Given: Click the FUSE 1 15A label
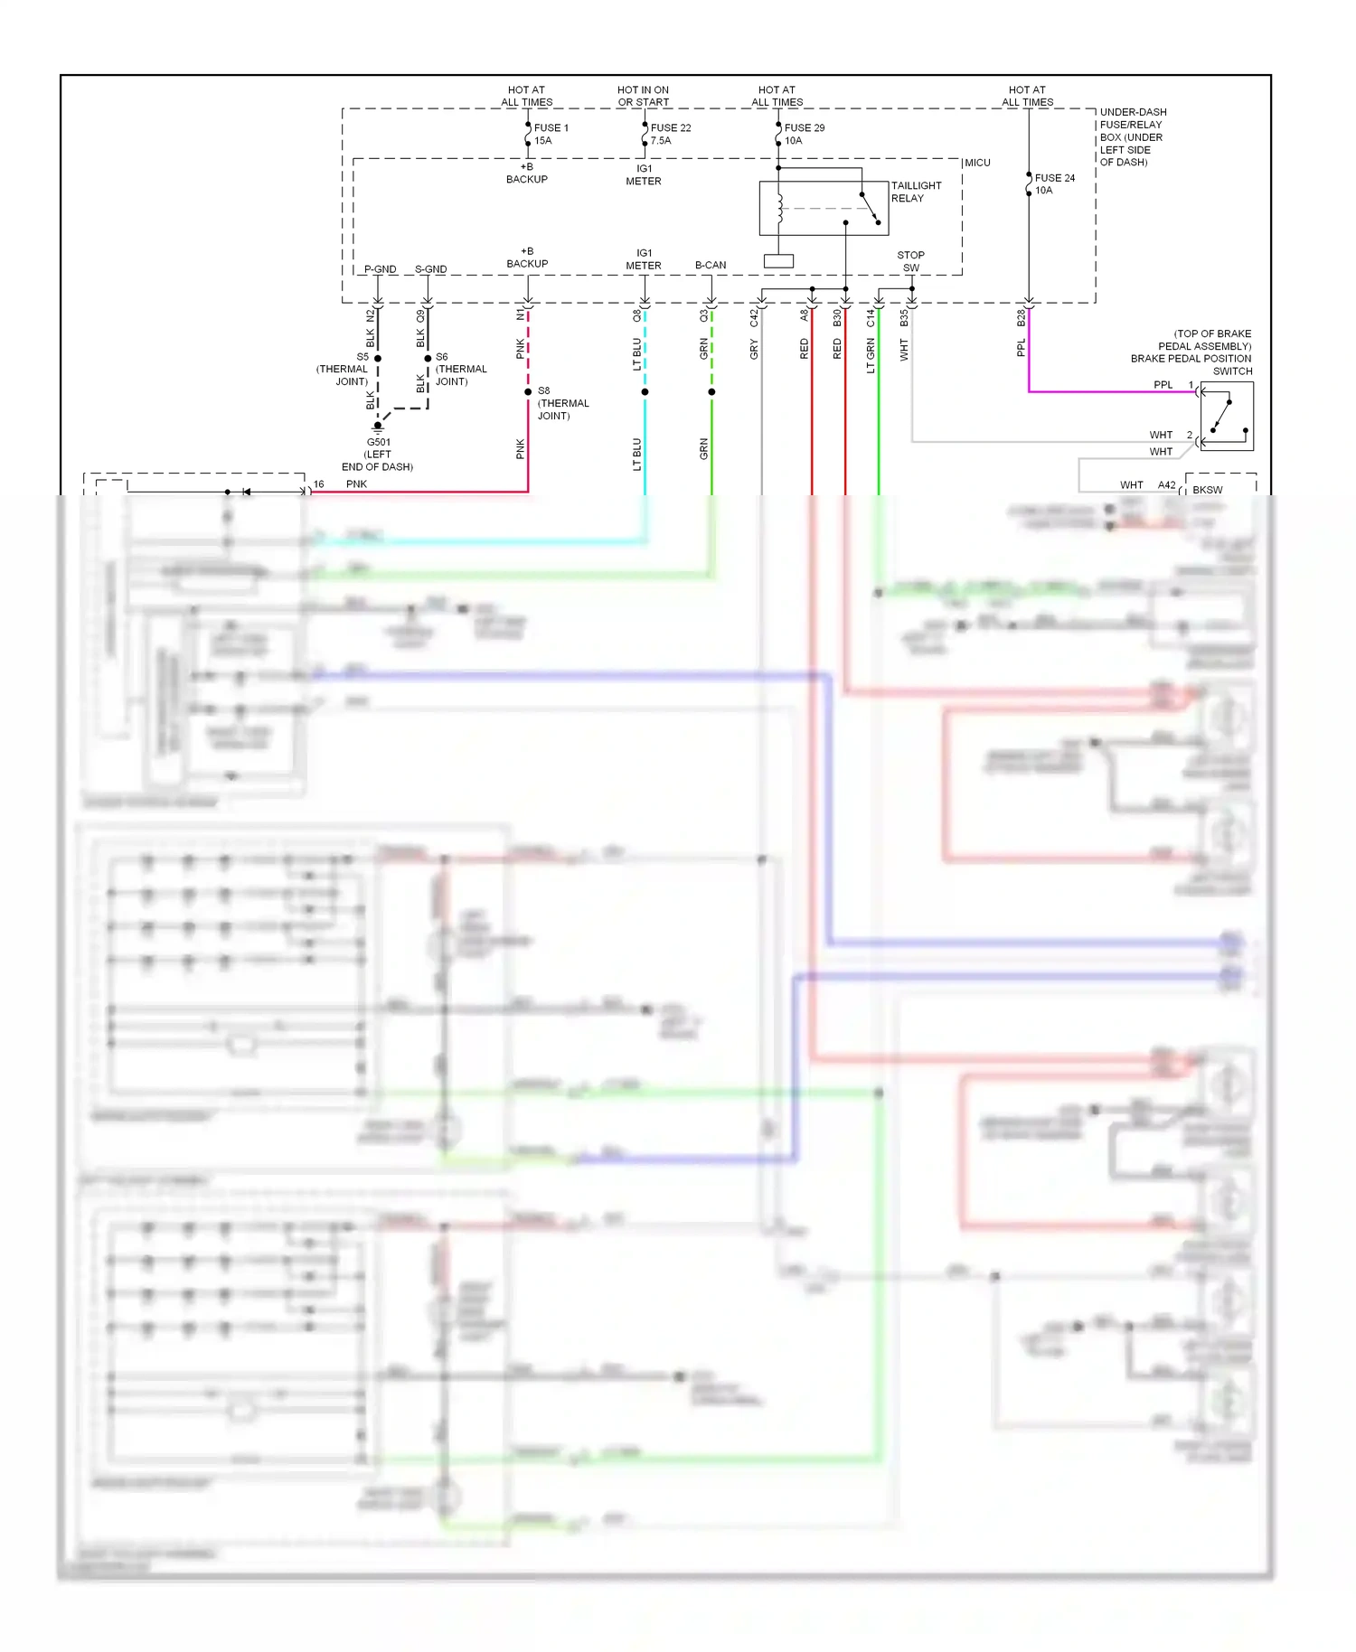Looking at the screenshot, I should tap(551, 134).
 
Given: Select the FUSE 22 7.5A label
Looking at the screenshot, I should tap(670, 134).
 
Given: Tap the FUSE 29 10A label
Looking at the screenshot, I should tap(804, 134).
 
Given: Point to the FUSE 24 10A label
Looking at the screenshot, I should tap(1054, 183).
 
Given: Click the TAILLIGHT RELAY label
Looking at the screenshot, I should tap(916, 192).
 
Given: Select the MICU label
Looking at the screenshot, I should tap(977, 163).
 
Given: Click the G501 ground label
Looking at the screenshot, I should tap(378, 443).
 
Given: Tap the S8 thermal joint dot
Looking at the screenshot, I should tap(528, 391).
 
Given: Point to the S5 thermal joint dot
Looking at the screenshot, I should tap(378, 358).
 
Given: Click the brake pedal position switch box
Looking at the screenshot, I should tap(1227, 416).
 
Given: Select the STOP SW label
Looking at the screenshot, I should tap(910, 261).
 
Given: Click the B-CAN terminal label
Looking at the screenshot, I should tap(711, 265).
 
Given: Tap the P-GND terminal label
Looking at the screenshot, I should tap(380, 269).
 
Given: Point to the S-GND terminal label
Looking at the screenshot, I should tap(430, 269).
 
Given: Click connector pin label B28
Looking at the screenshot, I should tap(1021, 318).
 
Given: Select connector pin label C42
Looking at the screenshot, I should tap(754, 318).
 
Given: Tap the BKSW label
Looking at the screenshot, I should tap(1207, 490).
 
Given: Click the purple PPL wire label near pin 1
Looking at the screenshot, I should tap(1163, 385).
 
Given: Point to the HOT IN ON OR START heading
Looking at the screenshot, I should tap(643, 96).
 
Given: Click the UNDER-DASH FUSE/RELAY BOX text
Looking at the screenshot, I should tap(1132, 136).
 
